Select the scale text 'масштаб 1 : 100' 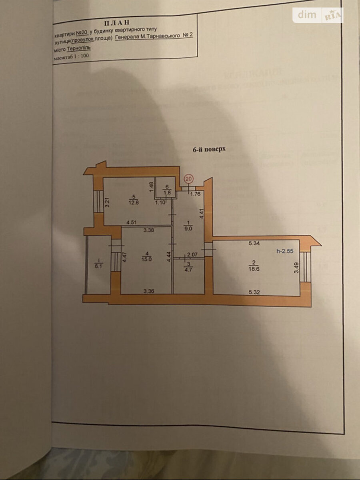[71, 57]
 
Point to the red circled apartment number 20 [189, 179]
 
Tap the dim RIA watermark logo [318, 15]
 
